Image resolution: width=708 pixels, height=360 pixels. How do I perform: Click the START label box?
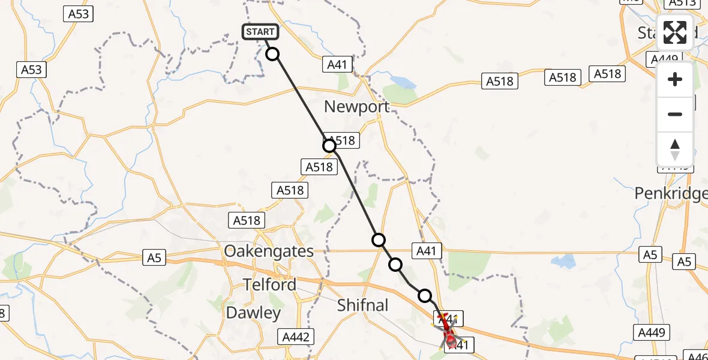point(260,32)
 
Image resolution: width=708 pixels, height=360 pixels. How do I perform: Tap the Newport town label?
point(356,107)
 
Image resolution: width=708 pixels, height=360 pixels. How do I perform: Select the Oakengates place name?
point(268,251)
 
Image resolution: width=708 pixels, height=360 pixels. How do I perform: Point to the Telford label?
point(269,284)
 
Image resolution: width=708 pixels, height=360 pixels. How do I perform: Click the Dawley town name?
point(253,313)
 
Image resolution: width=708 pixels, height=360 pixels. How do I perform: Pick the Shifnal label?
point(362,305)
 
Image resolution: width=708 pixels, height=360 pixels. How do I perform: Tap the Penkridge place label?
point(671,194)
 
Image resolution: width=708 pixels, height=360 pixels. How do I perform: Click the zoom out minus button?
point(675,114)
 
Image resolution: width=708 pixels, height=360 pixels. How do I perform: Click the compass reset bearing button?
point(675,149)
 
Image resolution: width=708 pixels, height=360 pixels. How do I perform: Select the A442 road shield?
point(295,337)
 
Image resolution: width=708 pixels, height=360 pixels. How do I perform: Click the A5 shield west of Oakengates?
point(154,258)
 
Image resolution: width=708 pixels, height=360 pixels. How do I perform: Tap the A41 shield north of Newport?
point(337,65)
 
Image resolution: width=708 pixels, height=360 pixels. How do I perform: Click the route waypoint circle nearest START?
point(272,54)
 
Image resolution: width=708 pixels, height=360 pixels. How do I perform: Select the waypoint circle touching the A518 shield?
point(329,145)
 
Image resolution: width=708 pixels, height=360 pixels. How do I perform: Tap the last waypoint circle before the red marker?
point(425,295)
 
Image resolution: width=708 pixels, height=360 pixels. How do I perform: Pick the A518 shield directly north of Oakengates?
point(247,220)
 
